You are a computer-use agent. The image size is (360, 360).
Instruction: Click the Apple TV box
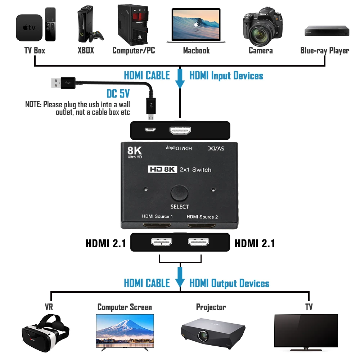click(29, 28)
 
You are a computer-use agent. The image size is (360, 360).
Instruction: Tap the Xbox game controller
click(96, 36)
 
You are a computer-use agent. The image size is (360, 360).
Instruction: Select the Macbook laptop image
click(196, 26)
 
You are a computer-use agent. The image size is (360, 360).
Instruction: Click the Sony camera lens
click(260, 34)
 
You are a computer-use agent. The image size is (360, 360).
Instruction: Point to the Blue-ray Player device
click(327, 31)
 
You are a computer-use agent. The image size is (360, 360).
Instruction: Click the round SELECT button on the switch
click(180, 193)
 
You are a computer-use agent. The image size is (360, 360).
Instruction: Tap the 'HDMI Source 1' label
click(157, 216)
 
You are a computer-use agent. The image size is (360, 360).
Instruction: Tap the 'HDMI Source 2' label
click(202, 217)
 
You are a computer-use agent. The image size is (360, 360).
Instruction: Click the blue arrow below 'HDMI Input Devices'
click(180, 78)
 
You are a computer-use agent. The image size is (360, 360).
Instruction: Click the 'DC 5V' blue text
click(118, 94)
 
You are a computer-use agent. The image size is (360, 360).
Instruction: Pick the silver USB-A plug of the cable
click(56, 83)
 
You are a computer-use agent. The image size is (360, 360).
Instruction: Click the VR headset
click(45, 333)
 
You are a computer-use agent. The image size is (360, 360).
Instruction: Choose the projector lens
click(203, 336)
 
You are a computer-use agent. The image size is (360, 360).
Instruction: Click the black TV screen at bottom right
click(306, 330)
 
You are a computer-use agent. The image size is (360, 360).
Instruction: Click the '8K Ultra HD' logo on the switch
click(135, 152)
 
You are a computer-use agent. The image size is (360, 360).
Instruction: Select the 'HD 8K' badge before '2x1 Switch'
click(163, 169)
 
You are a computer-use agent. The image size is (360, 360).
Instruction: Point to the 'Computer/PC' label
click(134, 50)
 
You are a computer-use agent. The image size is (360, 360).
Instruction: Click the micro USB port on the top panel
click(150, 130)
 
